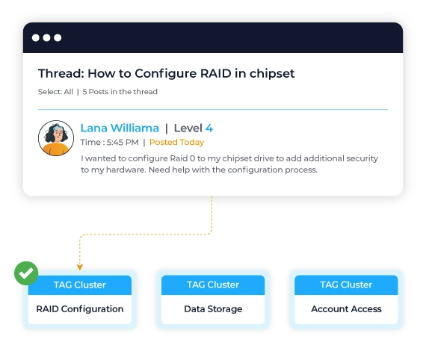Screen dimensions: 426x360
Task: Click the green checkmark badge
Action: (26, 273)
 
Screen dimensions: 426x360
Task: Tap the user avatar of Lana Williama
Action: (56, 138)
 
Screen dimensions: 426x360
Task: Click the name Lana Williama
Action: (120, 128)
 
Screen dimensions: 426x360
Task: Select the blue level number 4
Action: (209, 128)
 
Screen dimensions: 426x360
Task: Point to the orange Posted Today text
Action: (176, 142)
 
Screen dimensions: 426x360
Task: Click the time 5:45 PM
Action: (123, 142)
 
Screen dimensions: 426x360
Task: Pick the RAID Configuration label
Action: (80, 308)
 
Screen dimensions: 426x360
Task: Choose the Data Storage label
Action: (213, 308)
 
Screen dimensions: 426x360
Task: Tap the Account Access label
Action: (346, 308)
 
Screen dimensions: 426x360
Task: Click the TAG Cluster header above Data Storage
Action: (213, 285)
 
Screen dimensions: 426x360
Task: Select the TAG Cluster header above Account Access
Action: (346, 285)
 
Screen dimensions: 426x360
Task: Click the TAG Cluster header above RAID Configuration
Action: (80, 285)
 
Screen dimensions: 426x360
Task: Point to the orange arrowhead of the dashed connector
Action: (80, 267)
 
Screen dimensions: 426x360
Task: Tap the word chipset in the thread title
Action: (272, 74)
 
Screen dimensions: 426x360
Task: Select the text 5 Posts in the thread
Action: (120, 91)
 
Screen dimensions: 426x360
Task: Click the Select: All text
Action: (55, 91)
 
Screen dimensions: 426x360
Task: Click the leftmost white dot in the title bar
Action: (36, 38)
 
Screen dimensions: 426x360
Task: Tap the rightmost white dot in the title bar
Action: (58, 38)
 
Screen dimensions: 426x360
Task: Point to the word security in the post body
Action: (362, 158)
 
